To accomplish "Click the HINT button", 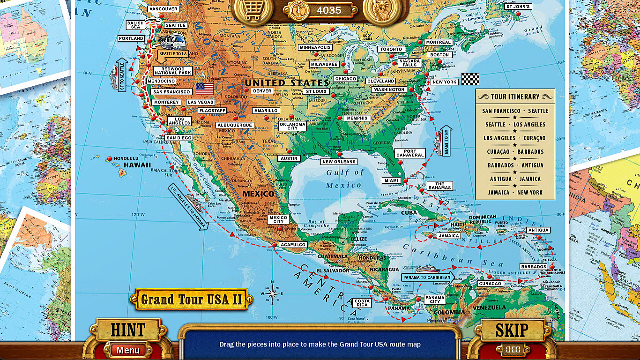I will point(128,330).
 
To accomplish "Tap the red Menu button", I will point(128,350).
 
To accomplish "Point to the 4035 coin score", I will point(328,10).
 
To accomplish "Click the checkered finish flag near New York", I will point(470,79).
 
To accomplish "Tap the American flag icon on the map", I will point(205,89).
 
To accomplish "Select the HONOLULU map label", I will point(126,159).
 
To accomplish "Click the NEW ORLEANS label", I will point(339,162).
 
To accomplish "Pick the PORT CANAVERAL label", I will point(410,153).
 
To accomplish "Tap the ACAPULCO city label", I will point(293,245).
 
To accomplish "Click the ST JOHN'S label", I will point(518,7).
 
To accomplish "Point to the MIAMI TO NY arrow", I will point(446,141).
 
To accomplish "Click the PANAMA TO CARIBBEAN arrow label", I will point(427,277).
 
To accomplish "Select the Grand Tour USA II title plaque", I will point(191,299).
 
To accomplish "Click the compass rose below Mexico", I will point(272,294).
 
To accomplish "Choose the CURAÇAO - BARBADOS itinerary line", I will point(515,152).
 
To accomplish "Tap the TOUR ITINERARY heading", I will point(515,97).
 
